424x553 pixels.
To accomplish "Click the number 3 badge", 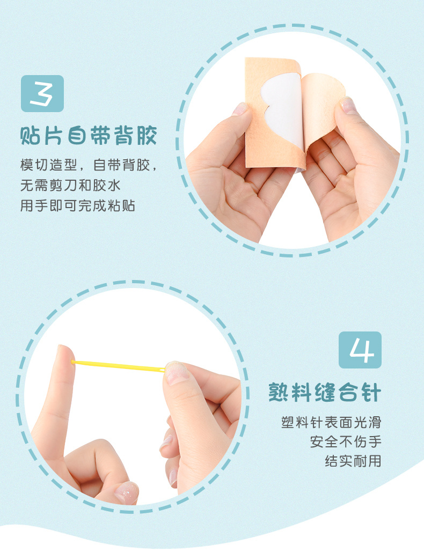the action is pyautogui.click(x=42, y=93).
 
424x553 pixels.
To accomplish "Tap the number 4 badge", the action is pyautogui.click(x=360, y=350).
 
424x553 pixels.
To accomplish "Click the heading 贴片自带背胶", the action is pyautogui.click(x=88, y=136).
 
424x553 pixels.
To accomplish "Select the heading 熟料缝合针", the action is pyautogui.click(x=325, y=392).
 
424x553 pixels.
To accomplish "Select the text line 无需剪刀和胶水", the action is pyautogui.click(x=70, y=185).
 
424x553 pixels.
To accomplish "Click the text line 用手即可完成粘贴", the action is pyautogui.click(x=78, y=205).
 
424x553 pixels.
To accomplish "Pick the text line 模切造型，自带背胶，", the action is pyautogui.click(x=88, y=165).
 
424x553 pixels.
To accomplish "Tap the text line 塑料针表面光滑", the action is pyautogui.click(x=331, y=422).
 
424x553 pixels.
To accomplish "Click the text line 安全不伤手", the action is pyautogui.click(x=346, y=441).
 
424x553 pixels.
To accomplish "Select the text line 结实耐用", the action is pyautogui.click(x=353, y=461).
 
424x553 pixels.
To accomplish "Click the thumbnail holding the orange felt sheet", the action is pyautogui.click(x=240, y=109).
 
